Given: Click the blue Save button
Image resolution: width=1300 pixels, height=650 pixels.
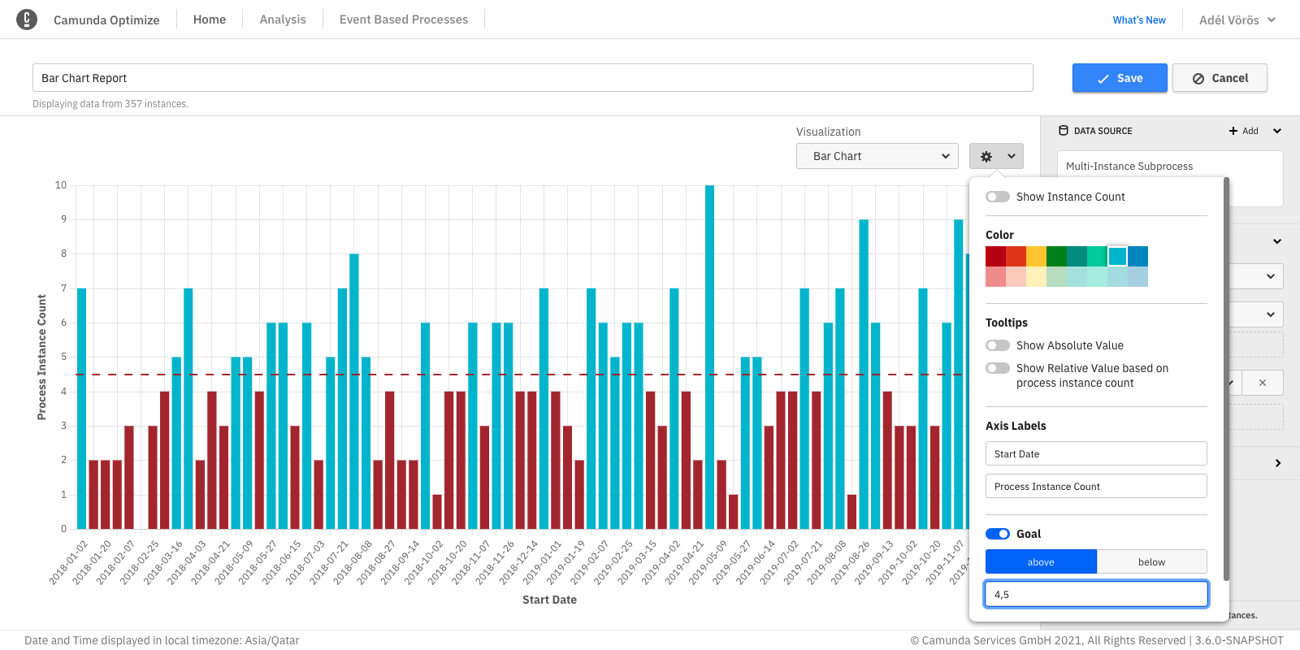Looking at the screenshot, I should pyautogui.click(x=1119, y=78).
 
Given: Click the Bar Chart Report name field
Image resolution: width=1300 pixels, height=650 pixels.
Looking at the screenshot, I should pyautogui.click(x=532, y=78).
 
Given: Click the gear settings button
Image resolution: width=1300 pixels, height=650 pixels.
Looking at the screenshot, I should pyautogui.click(x=995, y=156).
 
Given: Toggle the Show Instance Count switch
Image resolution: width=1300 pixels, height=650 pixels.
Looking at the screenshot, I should pyautogui.click(x=997, y=197).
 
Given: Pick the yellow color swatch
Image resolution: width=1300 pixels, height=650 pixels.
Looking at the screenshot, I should pyautogui.click(x=1036, y=257).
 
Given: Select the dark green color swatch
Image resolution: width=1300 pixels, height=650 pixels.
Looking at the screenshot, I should pyautogui.click(x=1056, y=257).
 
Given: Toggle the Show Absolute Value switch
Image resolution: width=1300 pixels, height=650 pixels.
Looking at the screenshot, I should pyautogui.click(x=997, y=345).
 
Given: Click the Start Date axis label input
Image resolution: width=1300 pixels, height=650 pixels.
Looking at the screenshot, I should pyautogui.click(x=1095, y=453).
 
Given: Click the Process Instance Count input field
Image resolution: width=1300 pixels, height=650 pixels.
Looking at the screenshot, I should pyautogui.click(x=1095, y=486).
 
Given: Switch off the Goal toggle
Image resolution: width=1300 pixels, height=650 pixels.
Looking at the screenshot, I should pyautogui.click(x=997, y=534).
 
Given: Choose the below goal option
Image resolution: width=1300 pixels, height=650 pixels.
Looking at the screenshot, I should pyautogui.click(x=1151, y=561).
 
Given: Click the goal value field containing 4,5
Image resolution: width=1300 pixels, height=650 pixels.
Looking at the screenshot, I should pyautogui.click(x=1095, y=594).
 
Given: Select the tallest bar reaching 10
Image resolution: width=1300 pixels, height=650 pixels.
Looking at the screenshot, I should pyautogui.click(x=709, y=357).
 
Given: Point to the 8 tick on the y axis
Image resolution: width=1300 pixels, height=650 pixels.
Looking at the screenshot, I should pyautogui.click(x=63, y=253).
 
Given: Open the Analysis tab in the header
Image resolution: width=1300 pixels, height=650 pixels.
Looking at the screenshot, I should pyautogui.click(x=282, y=19).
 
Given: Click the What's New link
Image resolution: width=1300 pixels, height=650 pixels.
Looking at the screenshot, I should pyautogui.click(x=1138, y=20).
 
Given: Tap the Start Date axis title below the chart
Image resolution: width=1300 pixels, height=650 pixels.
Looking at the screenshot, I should pyautogui.click(x=549, y=600).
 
